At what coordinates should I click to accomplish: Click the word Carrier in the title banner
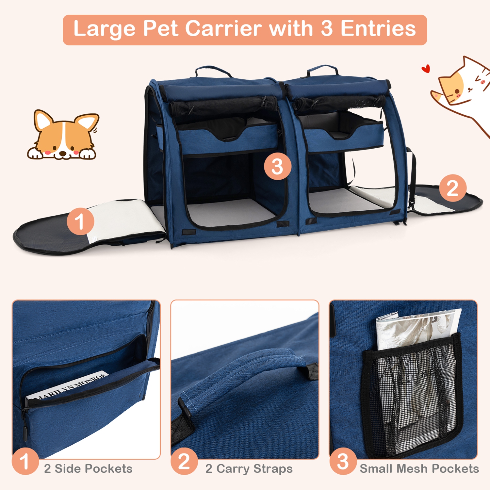(223, 29)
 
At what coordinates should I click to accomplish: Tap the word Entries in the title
(378, 29)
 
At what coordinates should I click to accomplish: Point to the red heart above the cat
(425, 69)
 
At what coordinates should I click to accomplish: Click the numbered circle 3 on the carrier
(277, 166)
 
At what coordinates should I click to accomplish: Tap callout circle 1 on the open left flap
(80, 221)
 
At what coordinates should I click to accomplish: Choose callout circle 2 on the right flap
(452, 188)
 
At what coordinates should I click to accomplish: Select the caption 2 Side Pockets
(88, 469)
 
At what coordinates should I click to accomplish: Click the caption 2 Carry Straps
(249, 469)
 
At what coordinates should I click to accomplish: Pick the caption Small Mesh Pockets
(419, 469)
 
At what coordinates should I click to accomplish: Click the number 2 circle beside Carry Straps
(184, 462)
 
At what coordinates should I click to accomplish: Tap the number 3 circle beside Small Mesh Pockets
(343, 462)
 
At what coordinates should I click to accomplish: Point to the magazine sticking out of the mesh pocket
(418, 327)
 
